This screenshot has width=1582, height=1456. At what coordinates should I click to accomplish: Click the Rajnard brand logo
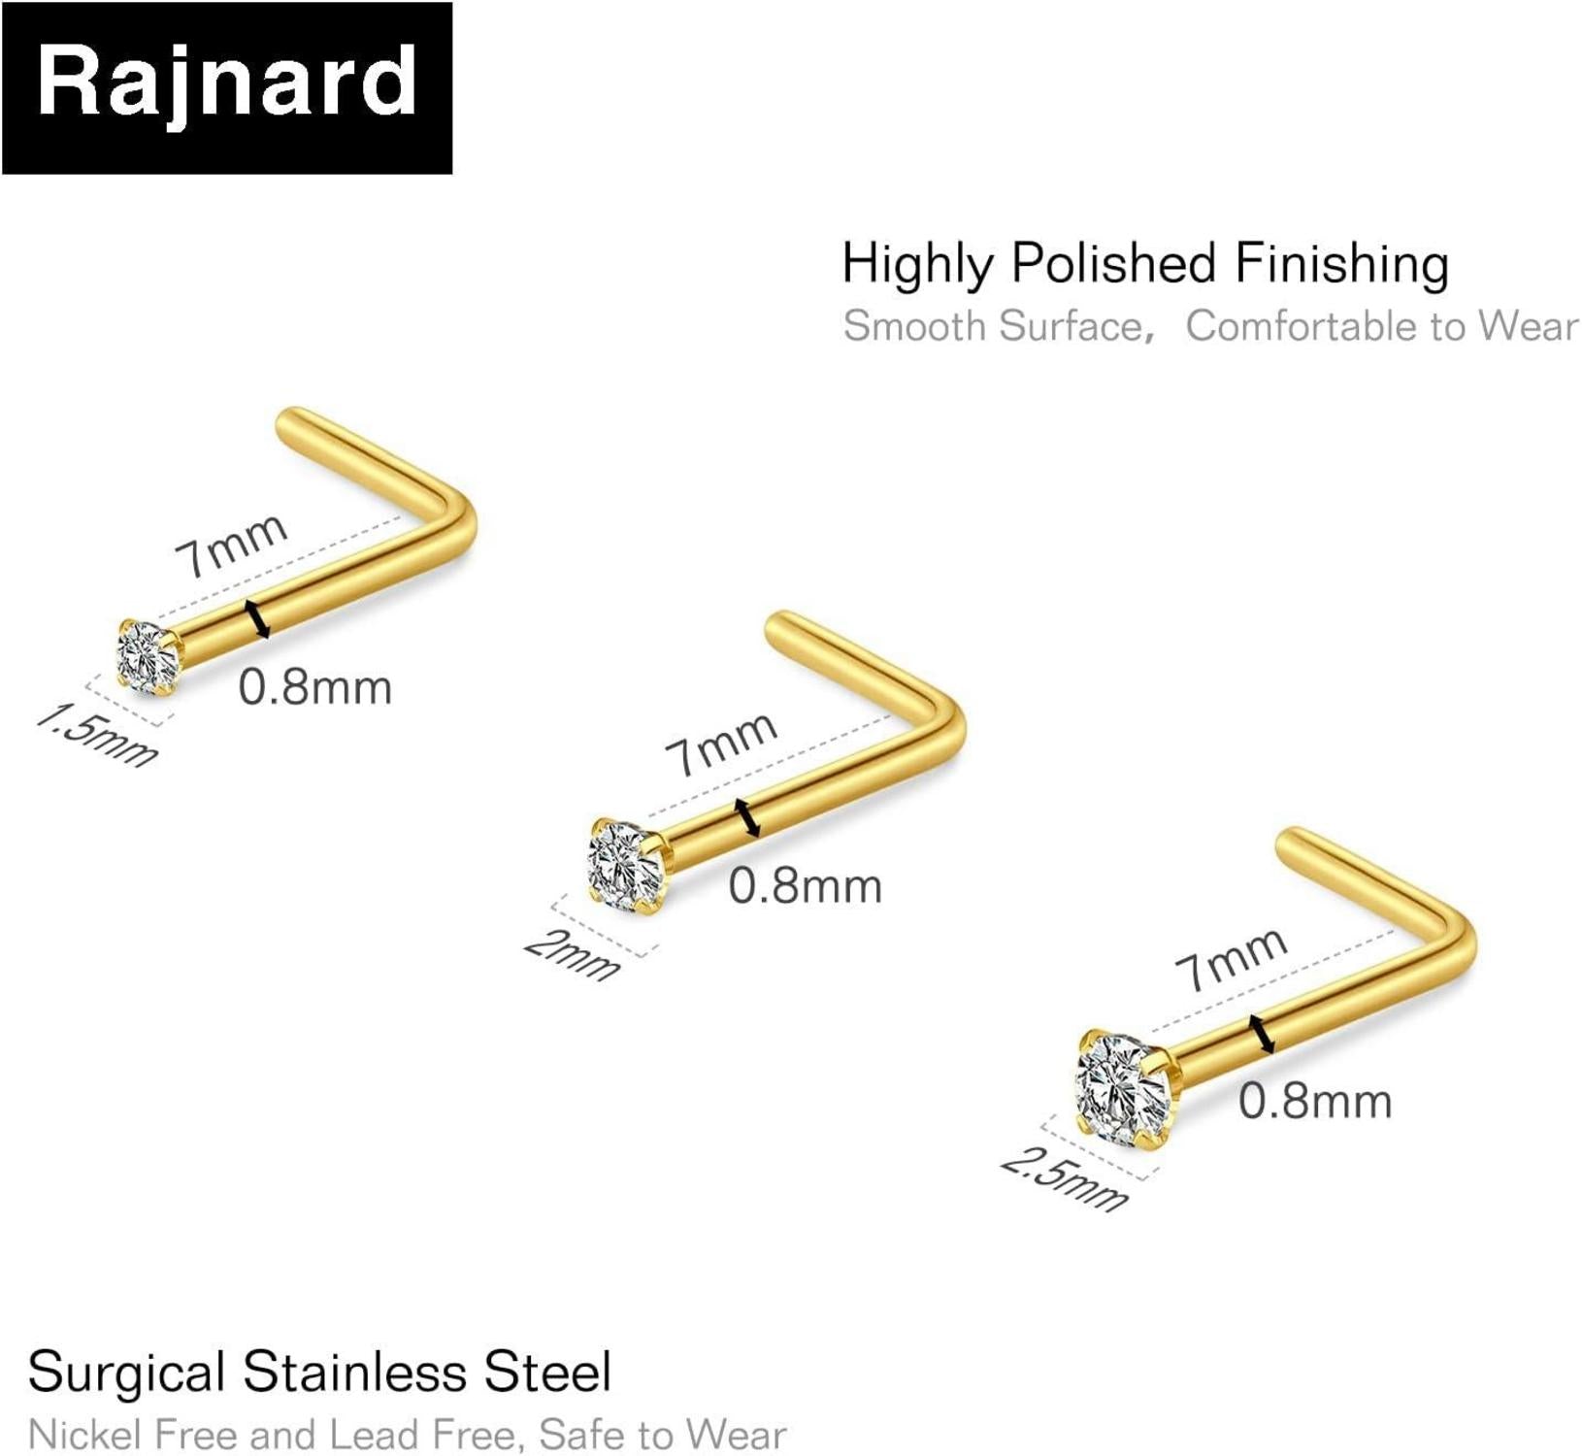point(226,87)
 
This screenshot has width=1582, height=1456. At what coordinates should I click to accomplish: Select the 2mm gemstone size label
point(572,955)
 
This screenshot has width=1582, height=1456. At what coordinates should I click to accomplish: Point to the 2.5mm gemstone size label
point(1065,1178)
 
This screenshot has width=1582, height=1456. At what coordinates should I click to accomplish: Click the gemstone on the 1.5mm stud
point(148,656)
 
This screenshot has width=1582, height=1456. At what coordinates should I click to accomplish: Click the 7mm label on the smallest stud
point(231,545)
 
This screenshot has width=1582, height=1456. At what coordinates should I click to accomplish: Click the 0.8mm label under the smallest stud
point(314,688)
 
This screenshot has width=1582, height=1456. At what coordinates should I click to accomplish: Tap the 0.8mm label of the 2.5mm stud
point(1315,1102)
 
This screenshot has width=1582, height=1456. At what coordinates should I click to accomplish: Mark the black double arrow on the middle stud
point(747,817)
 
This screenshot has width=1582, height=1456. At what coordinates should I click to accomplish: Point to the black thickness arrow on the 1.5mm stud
point(257,619)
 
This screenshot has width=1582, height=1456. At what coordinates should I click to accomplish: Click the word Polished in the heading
point(1113,264)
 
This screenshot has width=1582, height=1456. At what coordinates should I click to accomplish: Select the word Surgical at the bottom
point(126,1373)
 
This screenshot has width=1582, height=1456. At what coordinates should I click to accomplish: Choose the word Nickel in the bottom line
point(86,1435)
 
